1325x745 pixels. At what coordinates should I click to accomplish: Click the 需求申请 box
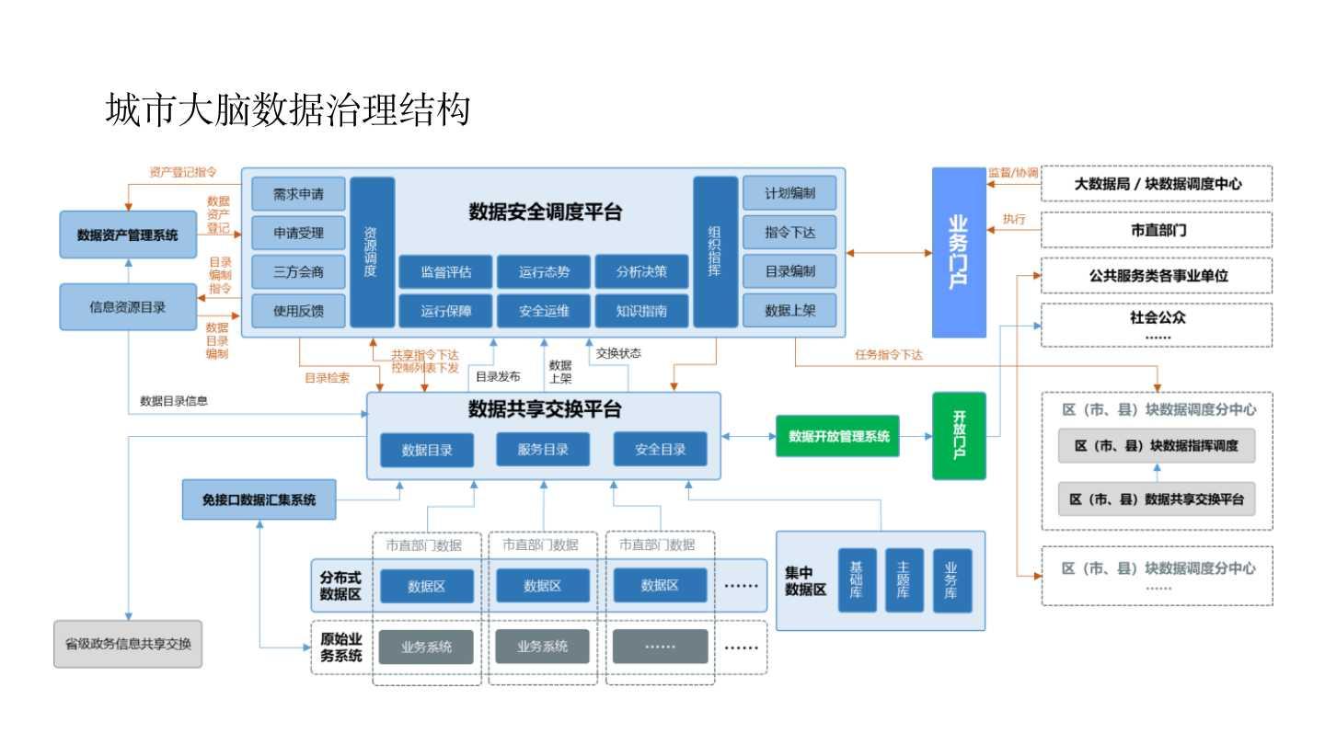[x=298, y=194]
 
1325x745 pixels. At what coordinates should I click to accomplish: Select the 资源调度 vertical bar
[x=372, y=251]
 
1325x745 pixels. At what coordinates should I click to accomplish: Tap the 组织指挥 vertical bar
[x=715, y=251]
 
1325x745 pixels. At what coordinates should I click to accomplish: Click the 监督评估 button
[x=446, y=271]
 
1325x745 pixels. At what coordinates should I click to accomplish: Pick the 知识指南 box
[x=642, y=311]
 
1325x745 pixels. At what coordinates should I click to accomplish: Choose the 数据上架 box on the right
[x=789, y=311]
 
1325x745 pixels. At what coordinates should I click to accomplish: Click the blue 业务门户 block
[x=958, y=252]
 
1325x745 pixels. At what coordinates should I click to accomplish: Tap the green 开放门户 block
[x=958, y=435]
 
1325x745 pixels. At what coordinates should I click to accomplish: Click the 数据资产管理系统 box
[x=128, y=235]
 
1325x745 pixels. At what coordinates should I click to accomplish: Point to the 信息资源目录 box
[x=128, y=307]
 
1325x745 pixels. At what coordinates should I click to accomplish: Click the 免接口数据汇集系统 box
[x=259, y=500]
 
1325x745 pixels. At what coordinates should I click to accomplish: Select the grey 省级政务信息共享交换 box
[x=128, y=644]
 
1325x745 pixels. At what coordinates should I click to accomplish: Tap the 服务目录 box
[x=543, y=449]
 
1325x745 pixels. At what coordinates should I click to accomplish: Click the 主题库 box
[x=903, y=580]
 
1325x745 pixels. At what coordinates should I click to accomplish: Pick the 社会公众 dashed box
[x=1157, y=325]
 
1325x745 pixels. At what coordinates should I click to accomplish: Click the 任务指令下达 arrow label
[x=888, y=355]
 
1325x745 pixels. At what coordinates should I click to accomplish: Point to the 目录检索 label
[x=327, y=376]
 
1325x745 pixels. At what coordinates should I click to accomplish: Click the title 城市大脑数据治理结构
[x=288, y=109]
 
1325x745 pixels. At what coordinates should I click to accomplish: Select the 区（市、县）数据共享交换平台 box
[x=1157, y=499]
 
